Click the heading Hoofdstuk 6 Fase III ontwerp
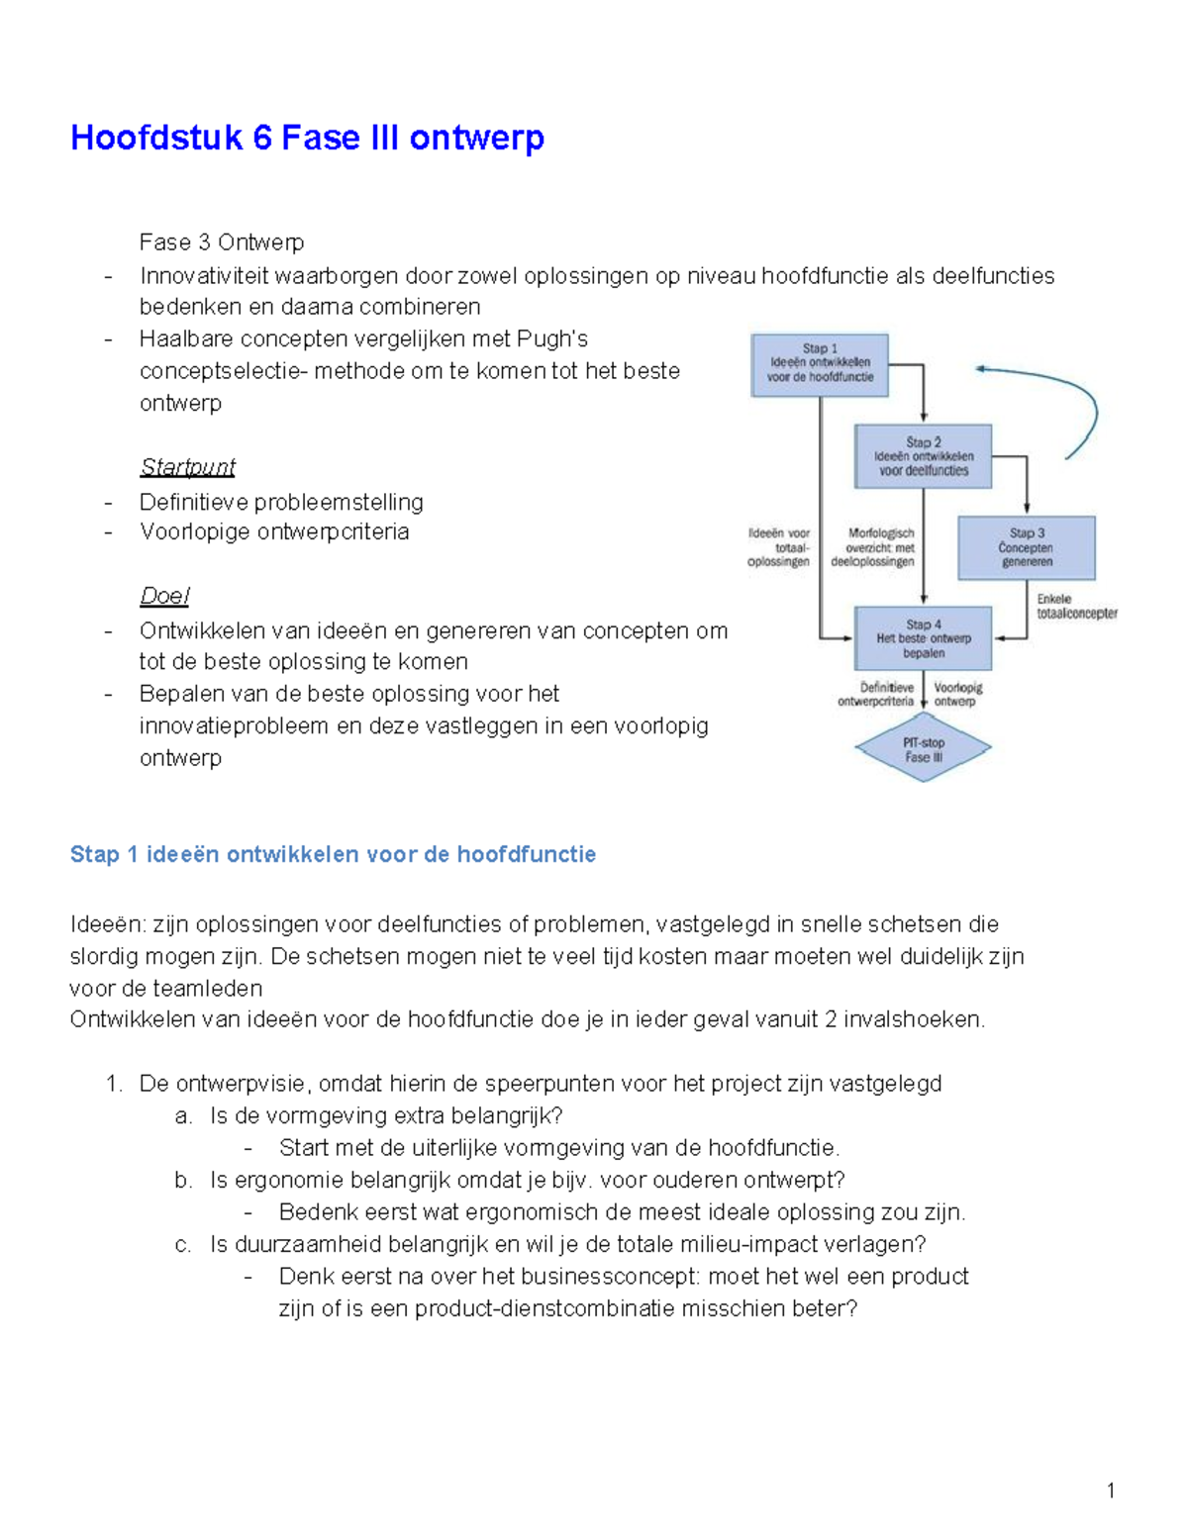tap(307, 138)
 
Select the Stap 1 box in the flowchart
tap(820, 364)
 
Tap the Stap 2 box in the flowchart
tap(923, 456)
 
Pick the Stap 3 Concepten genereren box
tap(1026, 547)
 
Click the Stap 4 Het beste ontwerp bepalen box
tap(923, 638)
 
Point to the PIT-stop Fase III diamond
tap(923, 749)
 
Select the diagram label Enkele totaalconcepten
tap(1076, 607)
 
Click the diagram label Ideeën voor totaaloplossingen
tap(779, 547)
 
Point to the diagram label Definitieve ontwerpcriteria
tap(875, 694)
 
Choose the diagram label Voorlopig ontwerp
tap(958, 694)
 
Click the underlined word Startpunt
tap(187, 466)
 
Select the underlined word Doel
tap(164, 596)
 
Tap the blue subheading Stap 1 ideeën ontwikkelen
tap(333, 854)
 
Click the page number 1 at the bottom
tap(1111, 1490)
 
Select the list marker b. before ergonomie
tap(183, 1180)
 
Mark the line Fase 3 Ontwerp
tap(222, 242)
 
